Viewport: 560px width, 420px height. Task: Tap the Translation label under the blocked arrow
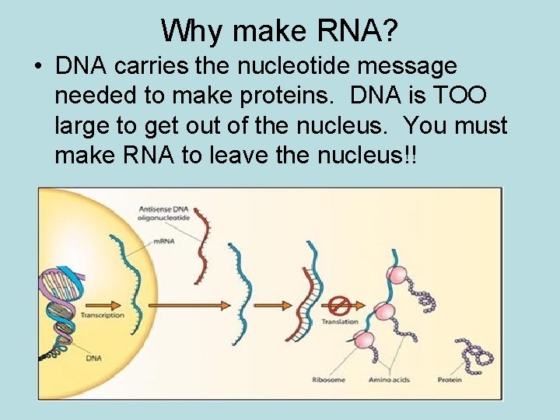click(340, 321)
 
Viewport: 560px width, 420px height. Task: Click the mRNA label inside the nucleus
click(163, 241)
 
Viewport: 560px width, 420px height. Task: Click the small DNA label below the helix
click(93, 357)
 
